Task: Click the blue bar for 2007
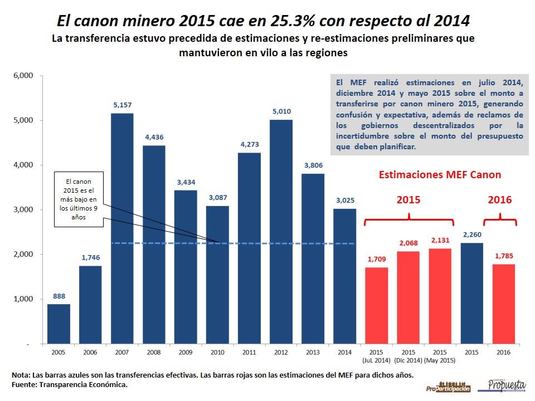point(123,228)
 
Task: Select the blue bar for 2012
point(281,232)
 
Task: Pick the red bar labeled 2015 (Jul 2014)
point(376,306)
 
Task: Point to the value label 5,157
point(123,104)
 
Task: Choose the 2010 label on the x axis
point(217,353)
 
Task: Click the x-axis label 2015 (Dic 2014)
point(408,356)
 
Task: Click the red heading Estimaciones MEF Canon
point(440,174)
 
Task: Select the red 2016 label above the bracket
point(499,199)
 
